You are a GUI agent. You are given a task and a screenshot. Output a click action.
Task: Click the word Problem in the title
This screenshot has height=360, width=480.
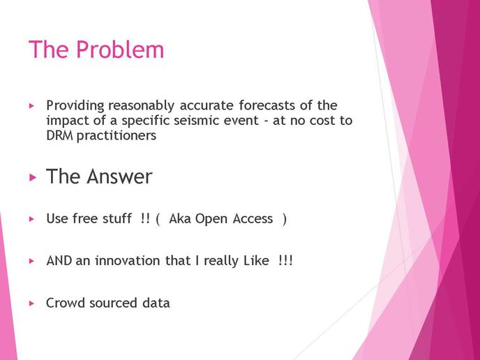120,50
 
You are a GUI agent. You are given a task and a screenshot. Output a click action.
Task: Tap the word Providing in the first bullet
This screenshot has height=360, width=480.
75,106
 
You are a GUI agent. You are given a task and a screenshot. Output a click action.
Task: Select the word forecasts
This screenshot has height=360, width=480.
267,105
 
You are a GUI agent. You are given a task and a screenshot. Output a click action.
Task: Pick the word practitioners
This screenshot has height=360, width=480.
117,136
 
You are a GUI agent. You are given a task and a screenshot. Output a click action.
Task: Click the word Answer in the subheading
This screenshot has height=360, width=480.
119,177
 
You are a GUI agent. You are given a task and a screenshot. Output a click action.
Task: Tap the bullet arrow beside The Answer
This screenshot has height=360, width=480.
33,177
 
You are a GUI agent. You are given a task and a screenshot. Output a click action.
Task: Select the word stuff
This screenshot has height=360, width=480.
117,218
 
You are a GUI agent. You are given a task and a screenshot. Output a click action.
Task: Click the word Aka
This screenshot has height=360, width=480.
180,218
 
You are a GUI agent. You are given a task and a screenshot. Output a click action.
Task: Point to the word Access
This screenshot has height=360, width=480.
253,218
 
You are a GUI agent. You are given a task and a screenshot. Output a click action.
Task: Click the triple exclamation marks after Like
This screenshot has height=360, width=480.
286,260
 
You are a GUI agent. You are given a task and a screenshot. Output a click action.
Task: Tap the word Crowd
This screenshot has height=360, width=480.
66,303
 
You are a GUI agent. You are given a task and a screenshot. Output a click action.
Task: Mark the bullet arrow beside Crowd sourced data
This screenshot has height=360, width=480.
31,303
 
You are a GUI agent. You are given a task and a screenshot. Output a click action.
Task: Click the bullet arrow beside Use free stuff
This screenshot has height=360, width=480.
31,219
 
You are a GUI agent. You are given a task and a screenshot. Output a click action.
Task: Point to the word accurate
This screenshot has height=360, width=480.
207,105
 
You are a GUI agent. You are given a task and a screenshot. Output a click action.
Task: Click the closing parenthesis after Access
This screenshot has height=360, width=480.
285,219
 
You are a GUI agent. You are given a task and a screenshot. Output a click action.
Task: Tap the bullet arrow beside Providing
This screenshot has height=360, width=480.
31,106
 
